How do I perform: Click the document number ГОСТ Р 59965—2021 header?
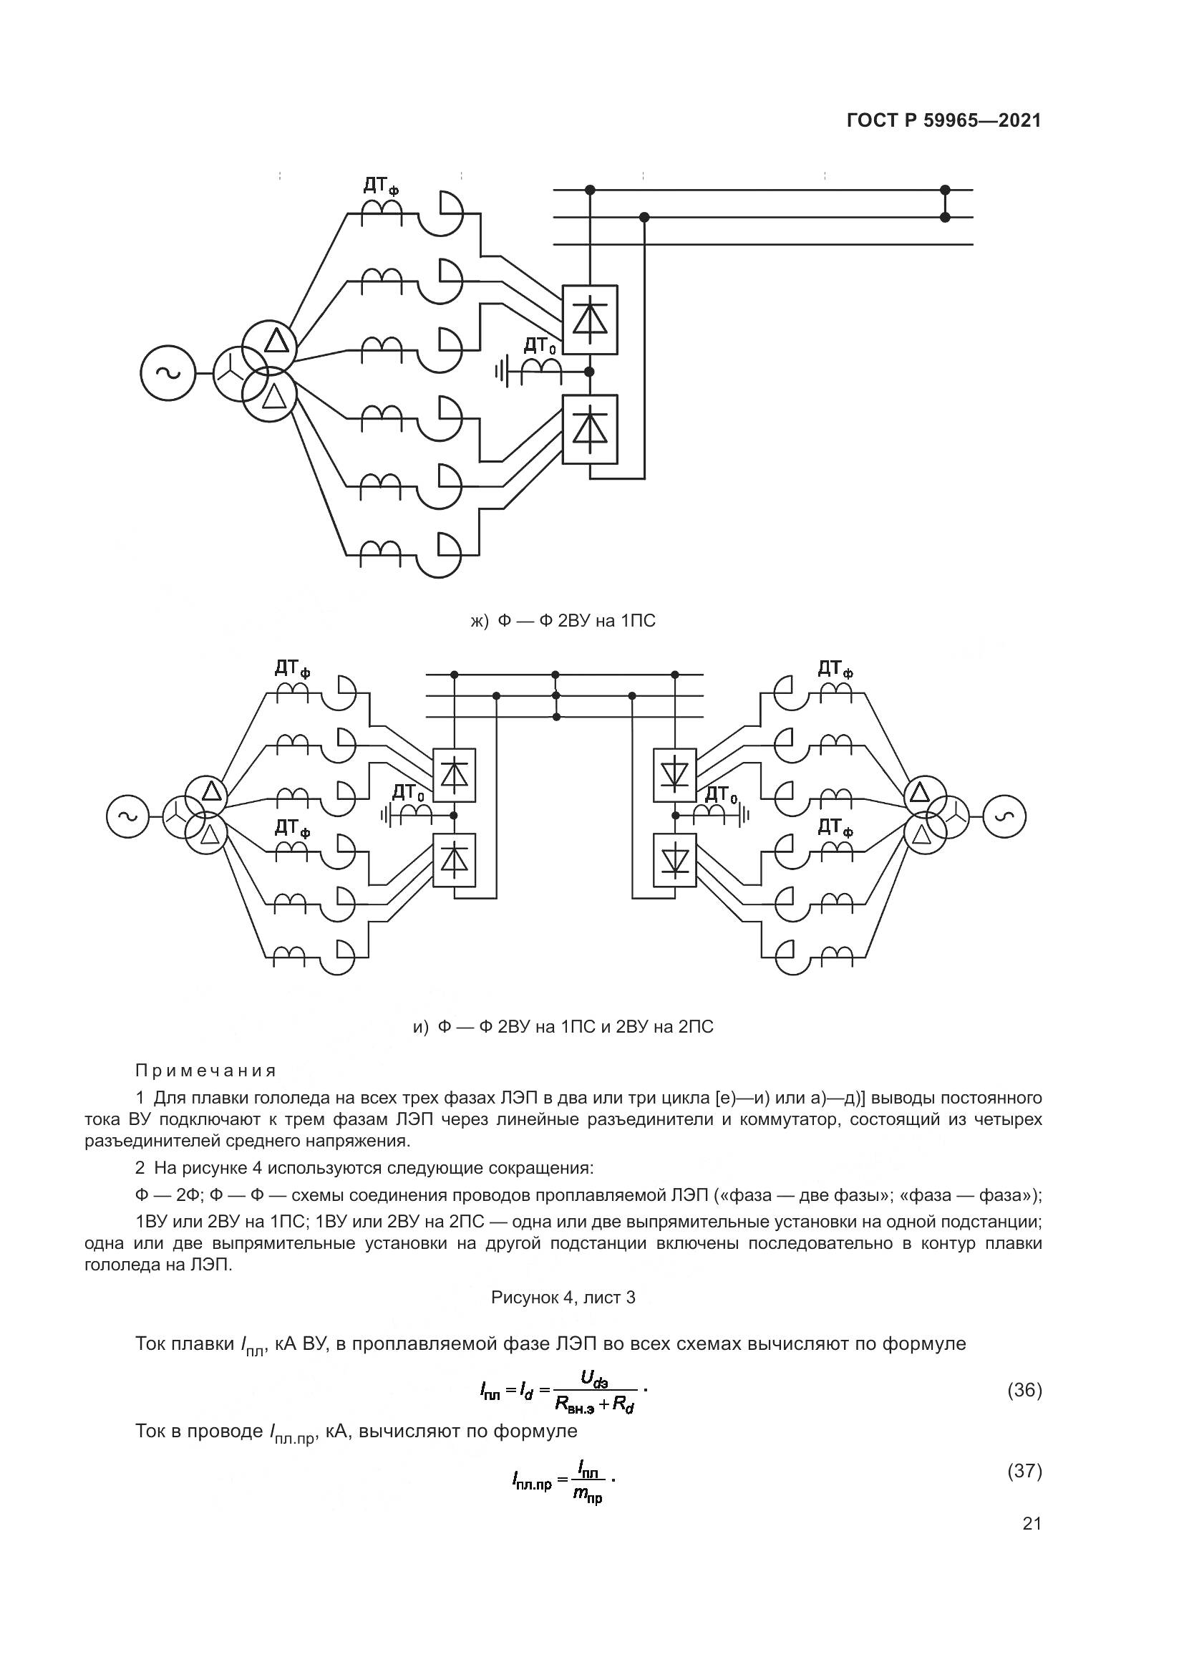[x=943, y=121]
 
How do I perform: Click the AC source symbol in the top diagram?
[x=168, y=373]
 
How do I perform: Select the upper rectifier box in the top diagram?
[x=590, y=319]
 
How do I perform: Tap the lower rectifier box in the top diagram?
[x=590, y=429]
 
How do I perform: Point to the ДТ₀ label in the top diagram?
[x=540, y=346]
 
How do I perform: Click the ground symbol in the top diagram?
[x=500, y=373]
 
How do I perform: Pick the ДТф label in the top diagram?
[x=381, y=187]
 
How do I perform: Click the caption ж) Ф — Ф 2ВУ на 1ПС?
[x=562, y=621]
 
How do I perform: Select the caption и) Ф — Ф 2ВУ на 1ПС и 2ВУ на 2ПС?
[x=563, y=1027]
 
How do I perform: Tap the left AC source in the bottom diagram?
[x=127, y=816]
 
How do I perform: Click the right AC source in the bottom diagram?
[x=1004, y=816]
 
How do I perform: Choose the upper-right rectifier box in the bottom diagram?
[x=674, y=775]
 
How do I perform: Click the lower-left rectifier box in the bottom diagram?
[x=455, y=860]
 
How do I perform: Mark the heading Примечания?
[x=206, y=1071]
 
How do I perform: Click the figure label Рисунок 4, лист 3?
[x=563, y=1298]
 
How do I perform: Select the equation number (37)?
[x=1024, y=1471]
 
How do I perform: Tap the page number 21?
[x=1032, y=1524]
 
